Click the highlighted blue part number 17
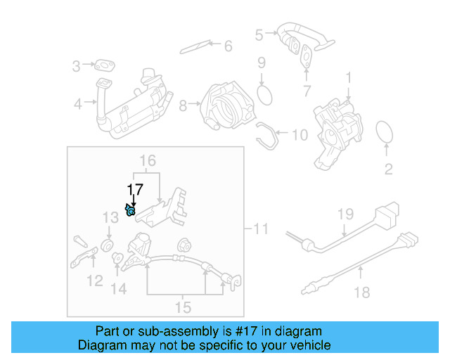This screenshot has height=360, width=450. tap(130, 210)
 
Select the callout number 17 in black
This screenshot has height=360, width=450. tap(134, 189)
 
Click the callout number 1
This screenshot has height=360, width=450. tap(348, 76)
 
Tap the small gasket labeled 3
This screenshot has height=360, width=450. tap(106, 66)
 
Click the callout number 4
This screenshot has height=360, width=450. tap(77, 104)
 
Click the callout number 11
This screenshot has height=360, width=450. tap(261, 229)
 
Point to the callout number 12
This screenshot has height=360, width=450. tap(94, 282)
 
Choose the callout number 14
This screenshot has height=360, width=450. tap(118, 288)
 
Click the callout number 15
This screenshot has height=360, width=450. tap(183, 307)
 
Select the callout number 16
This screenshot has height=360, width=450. tap(146, 161)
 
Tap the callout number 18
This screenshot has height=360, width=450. tap(362, 292)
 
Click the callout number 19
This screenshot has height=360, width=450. tap(344, 214)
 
